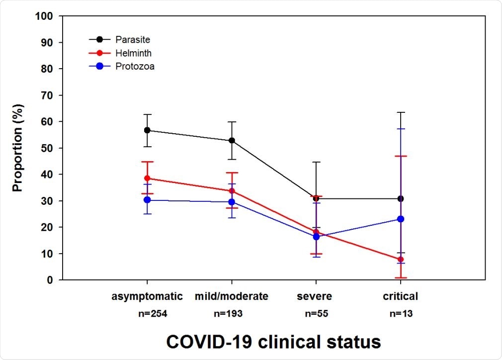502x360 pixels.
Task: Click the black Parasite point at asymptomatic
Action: click(147, 130)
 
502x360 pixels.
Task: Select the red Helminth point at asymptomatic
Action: click(147, 178)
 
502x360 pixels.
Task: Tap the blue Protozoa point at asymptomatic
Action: click(147, 200)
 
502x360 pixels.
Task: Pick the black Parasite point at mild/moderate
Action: click(232, 141)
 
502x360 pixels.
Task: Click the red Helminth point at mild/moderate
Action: click(232, 191)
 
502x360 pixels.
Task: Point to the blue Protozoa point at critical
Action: click(401, 219)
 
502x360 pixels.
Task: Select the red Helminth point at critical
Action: click(401, 259)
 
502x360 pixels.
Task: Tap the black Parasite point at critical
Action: click(401, 198)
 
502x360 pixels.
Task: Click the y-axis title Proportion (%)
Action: click(18, 148)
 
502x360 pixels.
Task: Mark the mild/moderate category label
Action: click(232, 296)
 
